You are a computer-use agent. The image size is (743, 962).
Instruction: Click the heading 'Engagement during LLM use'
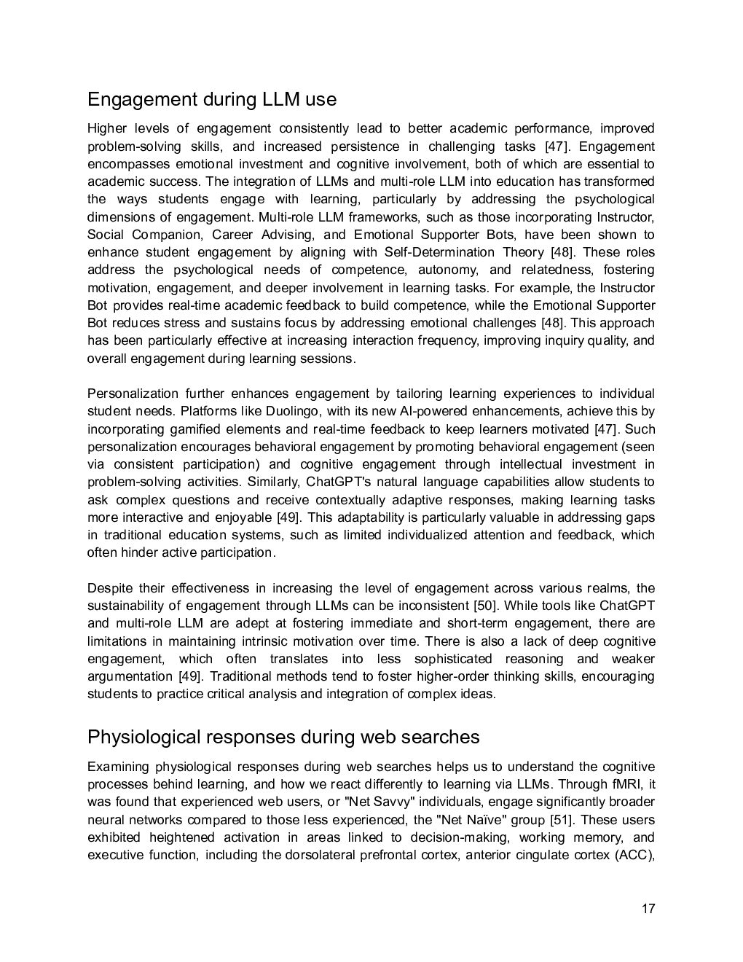click(x=211, y=99)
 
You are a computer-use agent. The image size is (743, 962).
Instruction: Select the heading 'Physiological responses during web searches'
click(x=283, y=737)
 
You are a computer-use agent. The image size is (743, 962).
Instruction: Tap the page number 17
click(x=648, y=909)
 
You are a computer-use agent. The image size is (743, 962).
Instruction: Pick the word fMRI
click(x=626, y=784)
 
